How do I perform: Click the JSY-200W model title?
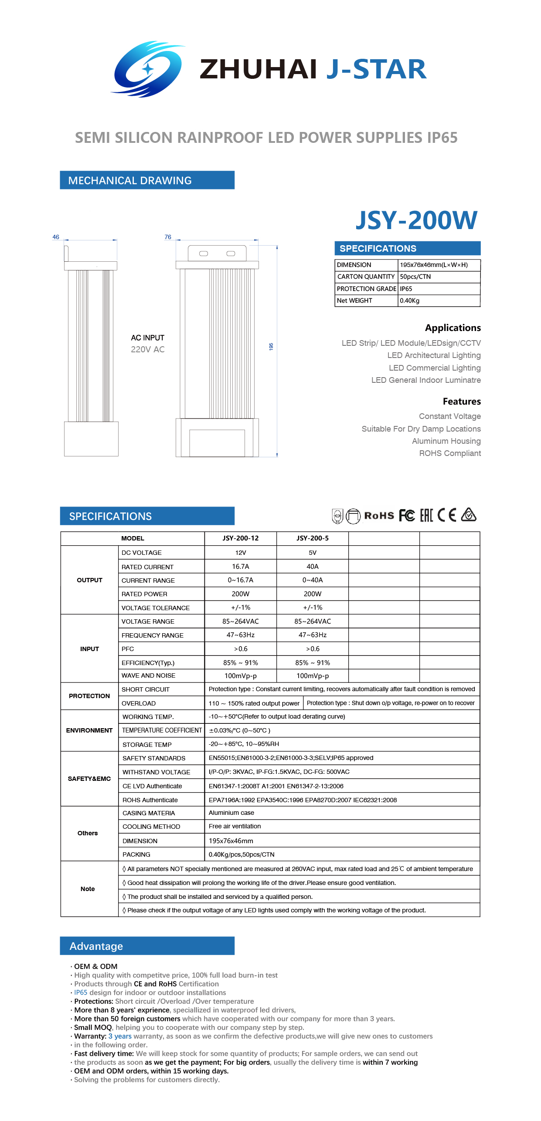(416, 220)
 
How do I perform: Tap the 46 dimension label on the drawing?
(56, 237)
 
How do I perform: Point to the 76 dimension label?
(168, 237)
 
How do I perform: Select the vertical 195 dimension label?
(271, 347)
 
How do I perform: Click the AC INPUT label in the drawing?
(147, 338)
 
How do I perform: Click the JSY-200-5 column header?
(312, 538)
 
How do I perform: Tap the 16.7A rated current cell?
(240, 567)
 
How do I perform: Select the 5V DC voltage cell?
(312, 553)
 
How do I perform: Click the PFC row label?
(128, 649)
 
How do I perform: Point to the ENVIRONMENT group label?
(89, 730)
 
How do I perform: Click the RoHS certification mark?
(379, 516)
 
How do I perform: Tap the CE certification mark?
(447, 515)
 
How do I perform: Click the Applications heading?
(453, 328)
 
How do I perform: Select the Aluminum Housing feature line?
(446, 441)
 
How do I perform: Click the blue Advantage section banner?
(147, 946)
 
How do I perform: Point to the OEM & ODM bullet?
(95, 966)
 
